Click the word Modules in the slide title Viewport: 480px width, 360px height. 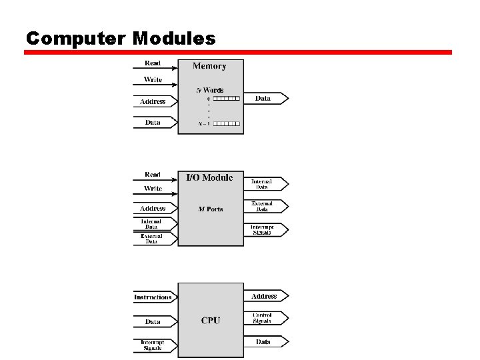pyautogui.click(x=174, y=38)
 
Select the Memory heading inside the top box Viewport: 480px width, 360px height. pyautogui.click(x=209, y=66)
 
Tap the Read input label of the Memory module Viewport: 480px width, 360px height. pyautogui.click(x=153, y=63)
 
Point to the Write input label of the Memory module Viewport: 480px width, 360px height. pyautogui.click(x=153, y=79)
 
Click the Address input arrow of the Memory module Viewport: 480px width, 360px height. pyautogui.click(x=155, y=101)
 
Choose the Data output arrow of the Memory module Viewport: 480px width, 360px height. pyautogui.click(x=265, y=99)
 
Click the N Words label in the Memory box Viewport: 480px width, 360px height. pyautogui.click(x=209, y=90)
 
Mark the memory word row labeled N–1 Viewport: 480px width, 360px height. pyautogui.click(x=227, y=123)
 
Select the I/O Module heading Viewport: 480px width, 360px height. pyautogui.click(x=209, y=177)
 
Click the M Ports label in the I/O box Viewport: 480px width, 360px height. pyautogui.click(x=210, y=209)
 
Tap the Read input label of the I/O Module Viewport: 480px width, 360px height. pyautogui.click(x=153, y=175)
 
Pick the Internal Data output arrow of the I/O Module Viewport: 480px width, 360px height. pyautogui.click(x=265, y=183)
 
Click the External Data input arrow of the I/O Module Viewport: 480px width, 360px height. pyautogui.click(x=155, y=239)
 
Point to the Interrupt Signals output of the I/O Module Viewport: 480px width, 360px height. pyautogui.click(x=265, y=230)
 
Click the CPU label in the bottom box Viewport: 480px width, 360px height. pyautogui.click(x=211, y=321)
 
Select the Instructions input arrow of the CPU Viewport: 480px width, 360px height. pyautogui.click(x=155, y=297)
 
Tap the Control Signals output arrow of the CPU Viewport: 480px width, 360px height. pyautogui.click(x=265, y=318)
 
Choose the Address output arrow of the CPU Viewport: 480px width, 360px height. pyautogui.click(x=265, y=296)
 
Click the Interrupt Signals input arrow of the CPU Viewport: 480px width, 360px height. pyautogui.click(x=155, y=345)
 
